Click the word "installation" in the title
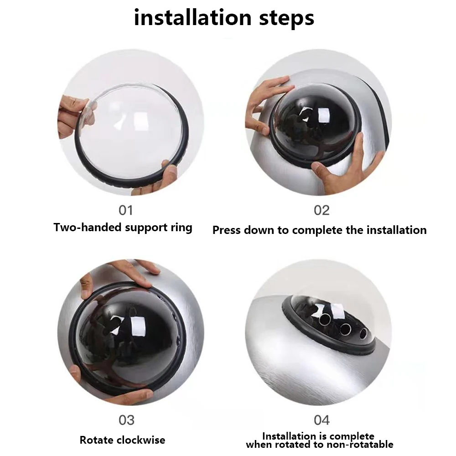[x=192, y=18]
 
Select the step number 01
[x=126, y=210]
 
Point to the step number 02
[x=321, y=210]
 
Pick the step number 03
[x=126, y=420]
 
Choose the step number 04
[x=321, y=420]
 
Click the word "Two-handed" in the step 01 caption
[x=88, y=227]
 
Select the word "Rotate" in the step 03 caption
[x=96, y=440]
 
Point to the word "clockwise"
[x=140, y=440]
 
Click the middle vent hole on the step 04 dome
[x=345, y=329]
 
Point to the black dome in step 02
[x=316, y=122]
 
